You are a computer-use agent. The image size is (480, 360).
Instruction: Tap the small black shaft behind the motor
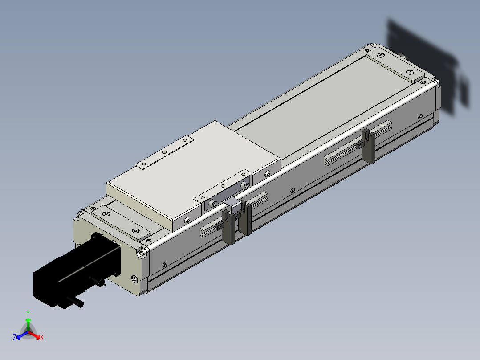click(78, 302)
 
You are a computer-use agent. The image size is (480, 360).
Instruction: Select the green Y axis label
click(28, 313)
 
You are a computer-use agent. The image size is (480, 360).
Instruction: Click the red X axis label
click(42, 337)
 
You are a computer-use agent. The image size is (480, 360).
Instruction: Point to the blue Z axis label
click(15, 337)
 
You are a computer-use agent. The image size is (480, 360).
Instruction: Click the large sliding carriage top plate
click(193, 176)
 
